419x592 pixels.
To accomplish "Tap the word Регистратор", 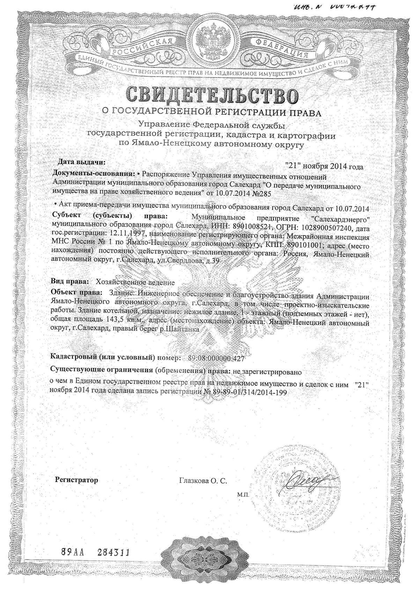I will click(77, 480).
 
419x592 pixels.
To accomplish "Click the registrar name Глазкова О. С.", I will click(203, 481).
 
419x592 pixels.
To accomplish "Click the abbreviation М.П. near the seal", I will click(242, 495).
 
